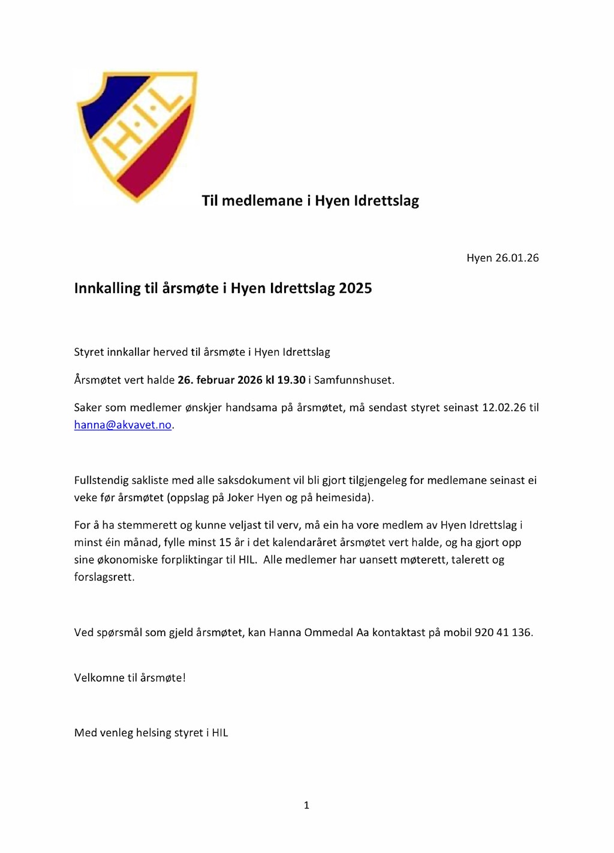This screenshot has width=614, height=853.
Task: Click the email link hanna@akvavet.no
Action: pyautogui.click(x=123, y=425)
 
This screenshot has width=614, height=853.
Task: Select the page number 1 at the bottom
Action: pyautogui.click(x=306, y=805)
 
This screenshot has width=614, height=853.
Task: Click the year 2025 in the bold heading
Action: pyautogui.click(x=355, y=288)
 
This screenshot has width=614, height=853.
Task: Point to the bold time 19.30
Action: pyautogui.click(x=291, y=380)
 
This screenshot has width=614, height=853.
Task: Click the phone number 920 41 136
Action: pyautogui.click(x=502, y=632)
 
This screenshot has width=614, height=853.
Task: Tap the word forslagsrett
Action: pyautogui.click(x=103, y=577)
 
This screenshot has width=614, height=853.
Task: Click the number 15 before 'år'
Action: pyautogui.click(x=225, y=542)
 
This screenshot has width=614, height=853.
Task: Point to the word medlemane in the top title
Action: pyautogui.click(x=262, y=201)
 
